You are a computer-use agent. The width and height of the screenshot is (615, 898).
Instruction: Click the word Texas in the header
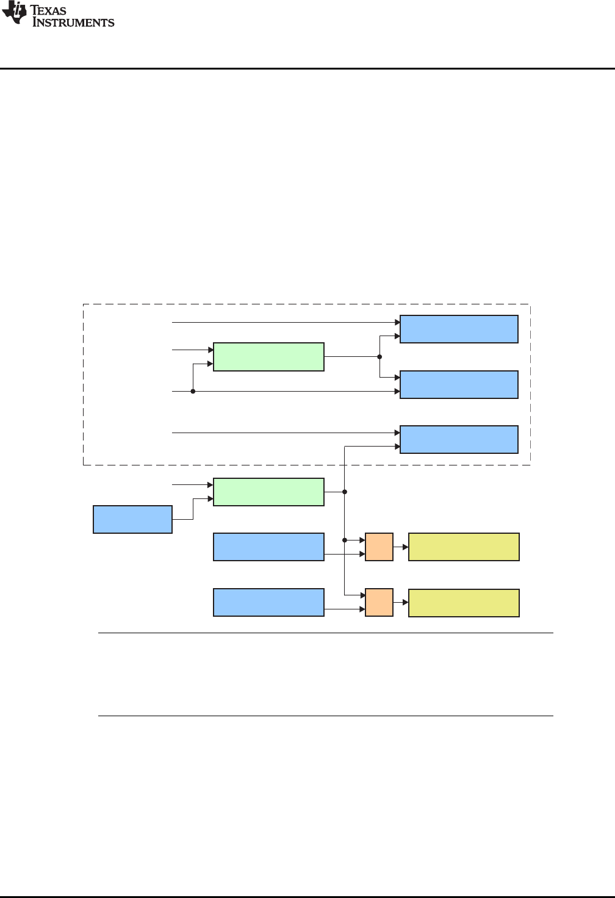[49, 10]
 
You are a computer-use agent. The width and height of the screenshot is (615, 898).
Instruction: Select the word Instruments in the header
[73, 23]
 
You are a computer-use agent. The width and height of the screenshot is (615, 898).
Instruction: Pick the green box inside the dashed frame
[268, 357]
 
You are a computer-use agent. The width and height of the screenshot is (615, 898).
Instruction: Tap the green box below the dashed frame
[268, 492]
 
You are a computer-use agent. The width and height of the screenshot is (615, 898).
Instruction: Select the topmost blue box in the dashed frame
[459, 329]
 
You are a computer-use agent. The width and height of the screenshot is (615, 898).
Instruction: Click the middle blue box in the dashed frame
[459, 384]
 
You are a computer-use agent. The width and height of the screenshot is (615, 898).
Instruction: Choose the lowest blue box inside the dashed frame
[459, 439]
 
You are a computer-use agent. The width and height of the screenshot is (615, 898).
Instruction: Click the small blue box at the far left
[132, 519]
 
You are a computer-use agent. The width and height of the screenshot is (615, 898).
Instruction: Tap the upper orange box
[379, 547]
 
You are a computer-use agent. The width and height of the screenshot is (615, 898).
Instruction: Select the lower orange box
[379, 602]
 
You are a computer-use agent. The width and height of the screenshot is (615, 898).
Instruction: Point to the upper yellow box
[464, 547]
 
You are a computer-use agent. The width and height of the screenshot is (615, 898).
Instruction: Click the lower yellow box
[464, 603]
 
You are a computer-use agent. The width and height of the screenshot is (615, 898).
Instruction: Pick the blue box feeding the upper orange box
[268, 547]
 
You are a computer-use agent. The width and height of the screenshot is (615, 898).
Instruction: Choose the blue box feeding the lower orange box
[268, 602]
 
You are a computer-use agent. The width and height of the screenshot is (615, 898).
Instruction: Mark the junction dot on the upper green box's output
[379, 357]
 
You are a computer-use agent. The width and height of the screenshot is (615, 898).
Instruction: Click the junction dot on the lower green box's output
[345, 492]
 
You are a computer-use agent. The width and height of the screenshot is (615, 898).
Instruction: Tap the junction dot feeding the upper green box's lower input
[193, 391]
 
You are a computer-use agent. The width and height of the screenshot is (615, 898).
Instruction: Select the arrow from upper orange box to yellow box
[401, 547]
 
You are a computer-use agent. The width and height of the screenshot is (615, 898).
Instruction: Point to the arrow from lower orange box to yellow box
[401, 602]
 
